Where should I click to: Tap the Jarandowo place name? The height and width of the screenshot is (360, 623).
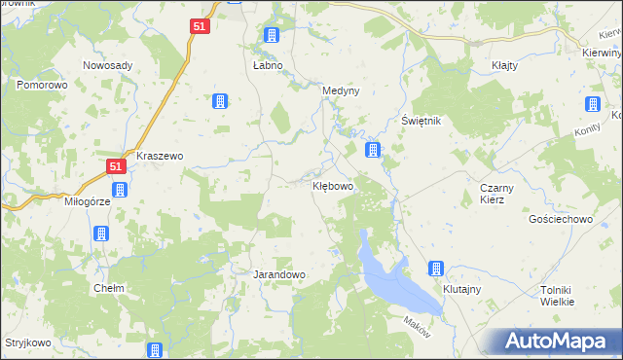click(x=279, y=275)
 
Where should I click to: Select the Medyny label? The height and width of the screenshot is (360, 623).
click(x=341, y=91)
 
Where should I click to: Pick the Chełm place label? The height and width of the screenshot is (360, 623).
click(x=107, y=288)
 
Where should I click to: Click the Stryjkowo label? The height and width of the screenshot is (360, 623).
click(x=26, y=343)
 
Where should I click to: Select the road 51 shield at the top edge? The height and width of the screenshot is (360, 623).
click(x=199, y=28)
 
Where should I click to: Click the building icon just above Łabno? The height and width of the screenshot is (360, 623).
click(x=272, y=36)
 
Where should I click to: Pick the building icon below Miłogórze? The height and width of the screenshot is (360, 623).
click(x=100, y=234)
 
